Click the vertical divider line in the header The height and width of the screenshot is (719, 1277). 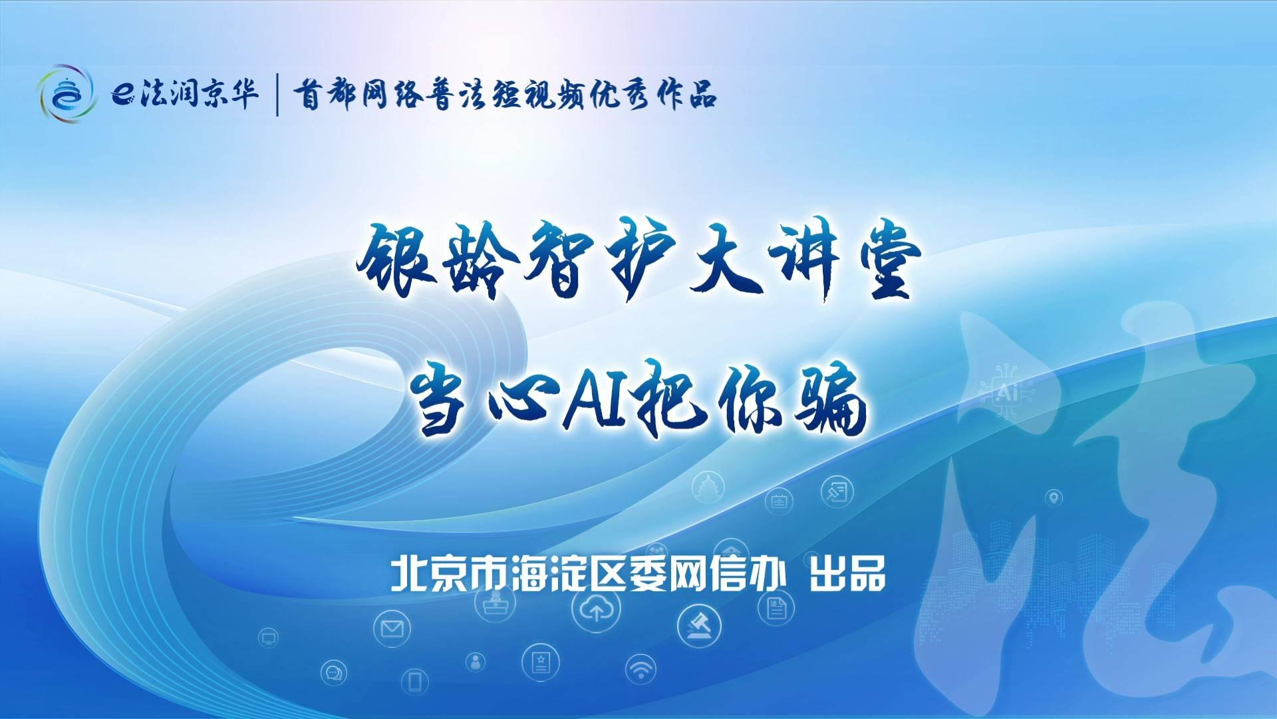(x=277, y=95)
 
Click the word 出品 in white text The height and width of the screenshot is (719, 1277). (x=847, y=574)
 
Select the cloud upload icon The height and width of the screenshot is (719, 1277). (x=596, y=610)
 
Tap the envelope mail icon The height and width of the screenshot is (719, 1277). (x=392, y=628)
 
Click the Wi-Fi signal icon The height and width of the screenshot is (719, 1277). (x=640, y=668)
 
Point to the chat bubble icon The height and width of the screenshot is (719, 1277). (x=333, y=674)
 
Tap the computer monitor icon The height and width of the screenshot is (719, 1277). (x=268, y=638)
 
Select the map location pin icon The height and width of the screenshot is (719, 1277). (x=1054, y=498)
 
